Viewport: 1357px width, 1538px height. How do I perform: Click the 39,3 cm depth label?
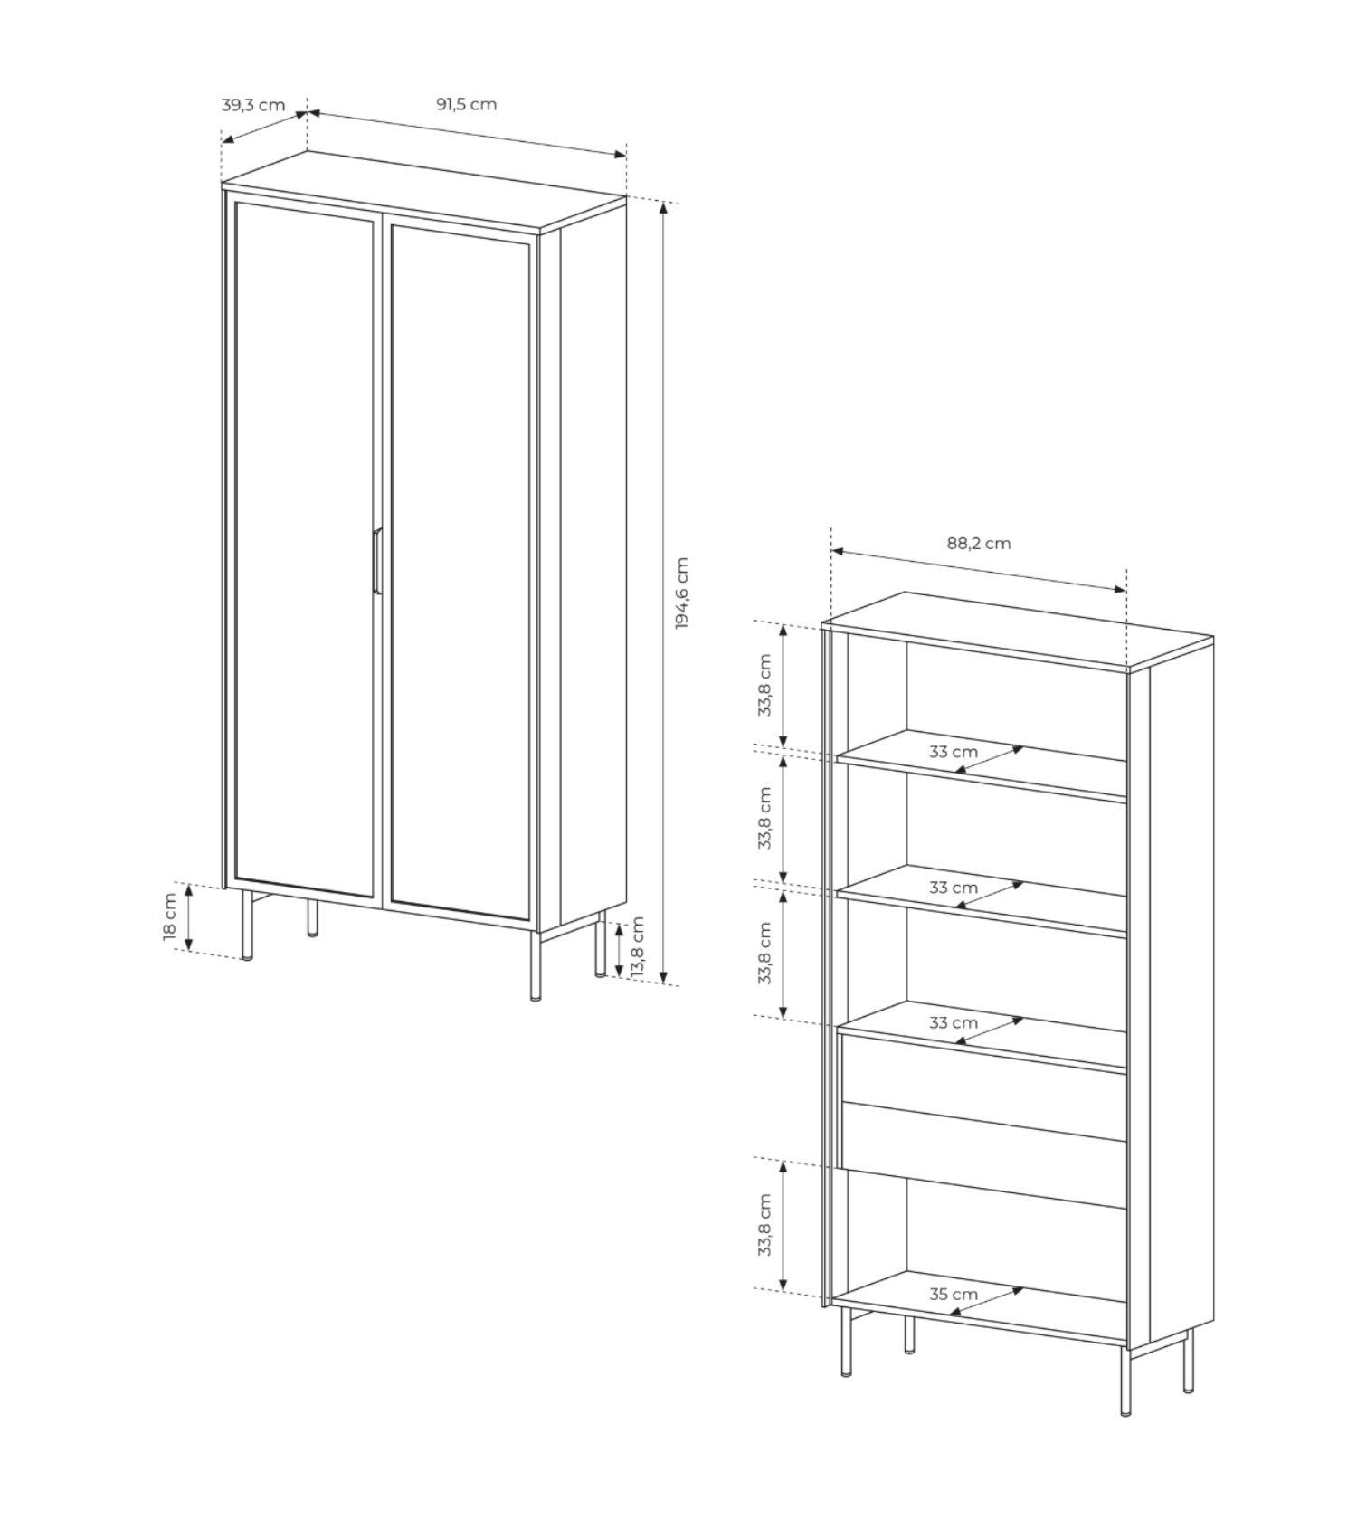253,104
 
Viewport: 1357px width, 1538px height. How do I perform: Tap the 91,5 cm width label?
467,103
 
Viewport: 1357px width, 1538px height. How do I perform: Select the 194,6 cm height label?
681,593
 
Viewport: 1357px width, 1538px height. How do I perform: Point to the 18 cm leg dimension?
170,916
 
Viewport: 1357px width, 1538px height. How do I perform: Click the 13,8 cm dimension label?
637,946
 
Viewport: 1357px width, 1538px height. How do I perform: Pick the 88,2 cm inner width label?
979,544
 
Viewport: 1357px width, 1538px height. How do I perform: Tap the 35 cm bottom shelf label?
954,1295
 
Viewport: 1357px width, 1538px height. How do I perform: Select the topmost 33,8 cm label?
765,685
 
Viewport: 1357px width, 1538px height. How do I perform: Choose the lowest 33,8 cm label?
765,1225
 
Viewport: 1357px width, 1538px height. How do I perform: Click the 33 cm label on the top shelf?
954,752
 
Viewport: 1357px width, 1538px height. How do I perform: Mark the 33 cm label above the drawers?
954,1023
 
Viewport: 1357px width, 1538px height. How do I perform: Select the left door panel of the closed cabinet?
305,549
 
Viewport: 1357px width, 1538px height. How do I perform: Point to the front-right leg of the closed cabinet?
536,967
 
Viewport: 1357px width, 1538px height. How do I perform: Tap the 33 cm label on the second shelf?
954,888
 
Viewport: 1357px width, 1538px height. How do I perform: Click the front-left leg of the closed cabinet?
247,926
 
